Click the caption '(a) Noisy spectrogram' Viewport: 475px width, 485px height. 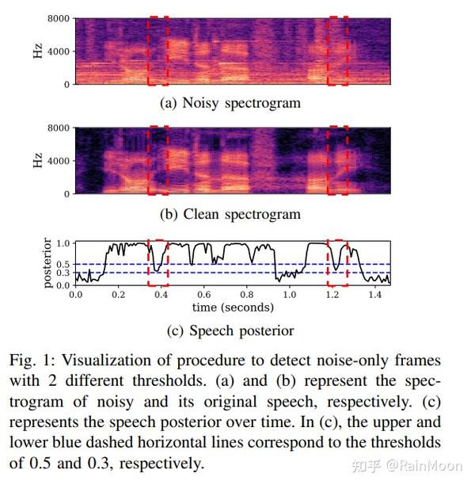tap(230, 102)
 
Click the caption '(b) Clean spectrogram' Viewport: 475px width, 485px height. tap(230, 214)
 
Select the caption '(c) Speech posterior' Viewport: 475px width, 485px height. tap(232, 330)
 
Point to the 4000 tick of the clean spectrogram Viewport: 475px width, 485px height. tap(57, 161)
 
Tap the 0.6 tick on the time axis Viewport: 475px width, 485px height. tap(203, 294)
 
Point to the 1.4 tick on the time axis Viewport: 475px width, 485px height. tap(374, 294)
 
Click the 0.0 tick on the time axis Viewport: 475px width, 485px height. tap(76, 294)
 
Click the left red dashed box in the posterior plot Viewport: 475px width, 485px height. tap(158, 262)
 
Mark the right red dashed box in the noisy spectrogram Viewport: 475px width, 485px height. tap(338, 51)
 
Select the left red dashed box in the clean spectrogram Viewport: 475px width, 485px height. tap(158, 160)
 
